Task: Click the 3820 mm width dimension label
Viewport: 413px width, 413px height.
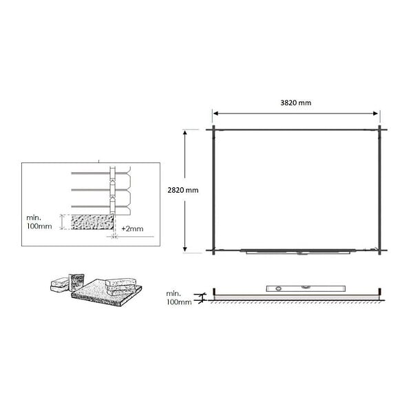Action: point(295,103)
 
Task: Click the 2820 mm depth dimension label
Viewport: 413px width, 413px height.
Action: point(183,190)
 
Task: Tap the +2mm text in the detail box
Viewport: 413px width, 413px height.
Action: point(132,229)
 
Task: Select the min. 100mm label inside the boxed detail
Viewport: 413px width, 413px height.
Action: point(39,222)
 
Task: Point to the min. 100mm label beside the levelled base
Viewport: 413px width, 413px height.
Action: point(178,298)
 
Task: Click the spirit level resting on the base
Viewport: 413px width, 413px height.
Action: point(306,288)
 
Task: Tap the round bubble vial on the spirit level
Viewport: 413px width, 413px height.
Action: point(278,288)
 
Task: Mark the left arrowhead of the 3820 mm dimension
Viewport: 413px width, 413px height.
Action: point(215,114)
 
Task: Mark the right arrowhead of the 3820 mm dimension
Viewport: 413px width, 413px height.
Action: point(376,114)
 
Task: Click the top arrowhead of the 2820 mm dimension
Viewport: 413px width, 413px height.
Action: point(185,133)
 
